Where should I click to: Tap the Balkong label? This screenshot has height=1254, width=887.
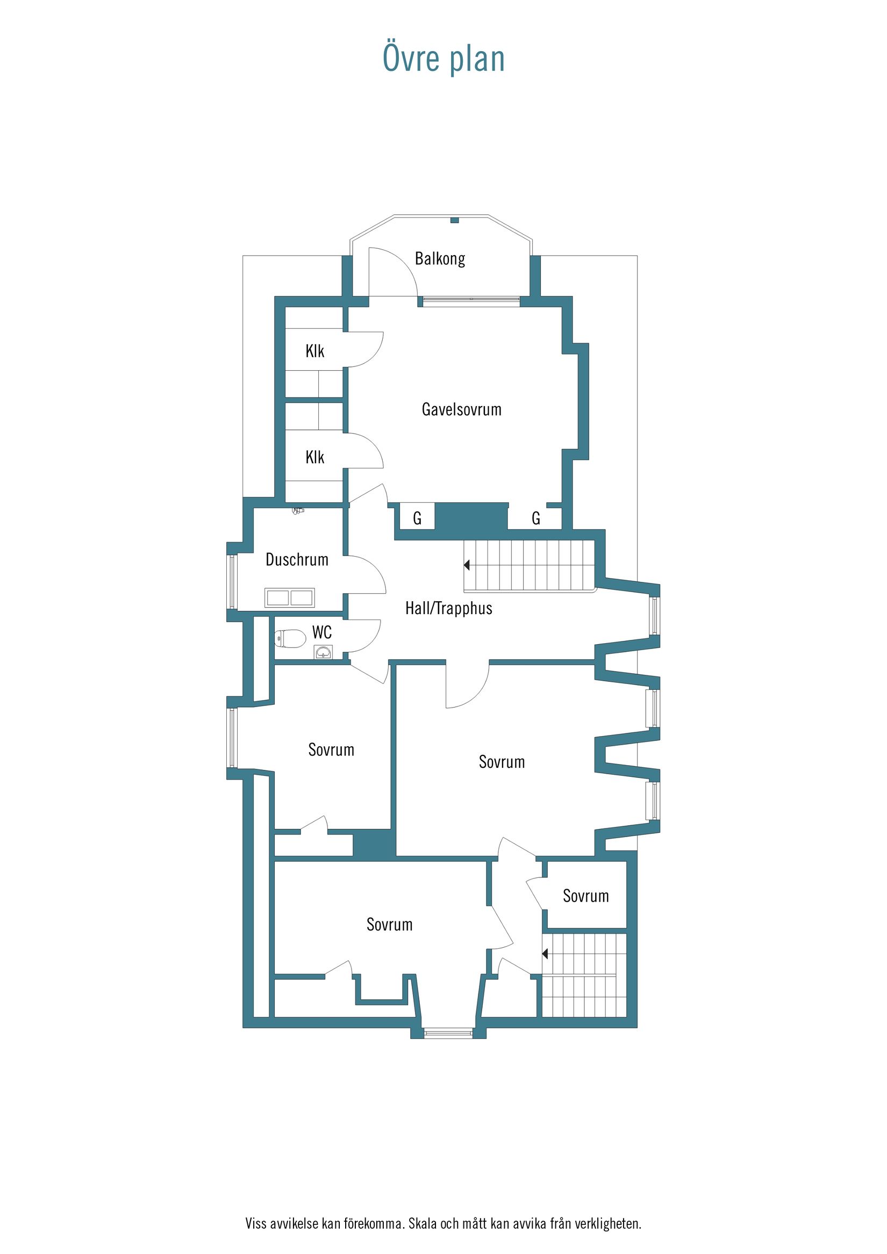[440, 258]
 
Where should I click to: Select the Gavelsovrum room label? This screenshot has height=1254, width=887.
[461, 409]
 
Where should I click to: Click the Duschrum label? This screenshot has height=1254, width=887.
[297, 559]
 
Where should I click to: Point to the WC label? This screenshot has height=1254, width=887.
[322, 632]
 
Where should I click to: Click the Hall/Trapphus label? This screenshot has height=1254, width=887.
[449, 608]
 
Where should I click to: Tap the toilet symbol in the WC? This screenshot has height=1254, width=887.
[290, 638]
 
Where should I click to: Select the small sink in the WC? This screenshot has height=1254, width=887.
[324, 652]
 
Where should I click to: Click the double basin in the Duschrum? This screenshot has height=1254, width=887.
[289, 597]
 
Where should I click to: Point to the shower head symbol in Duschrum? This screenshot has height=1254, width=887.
[297, 510]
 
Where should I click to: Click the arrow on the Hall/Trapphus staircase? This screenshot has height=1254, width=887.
[467, 565]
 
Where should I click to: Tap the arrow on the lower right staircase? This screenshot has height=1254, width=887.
[545, 954]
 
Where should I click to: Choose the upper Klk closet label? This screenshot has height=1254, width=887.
[315, 351]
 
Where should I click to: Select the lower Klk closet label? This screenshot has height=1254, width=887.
[315, 457]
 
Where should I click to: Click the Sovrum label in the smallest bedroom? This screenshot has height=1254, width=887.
[586, 896]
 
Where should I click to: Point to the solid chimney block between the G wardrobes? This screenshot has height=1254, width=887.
[471, 516]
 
